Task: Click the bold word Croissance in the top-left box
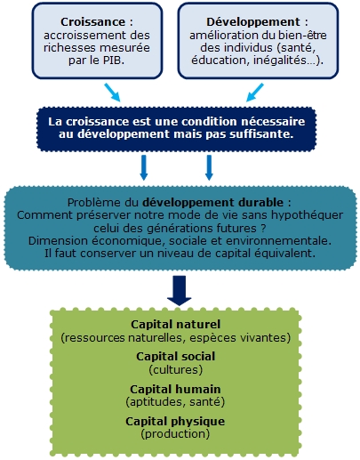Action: tap(92, 22)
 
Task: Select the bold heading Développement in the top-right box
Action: tap(253, 22)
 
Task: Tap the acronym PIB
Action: tap(113, 60)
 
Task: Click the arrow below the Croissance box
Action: tap(112, 93)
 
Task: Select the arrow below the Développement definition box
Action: tap(255, 93)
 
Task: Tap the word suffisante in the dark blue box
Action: tap(262, 134)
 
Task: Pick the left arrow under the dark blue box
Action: tap(144, 167)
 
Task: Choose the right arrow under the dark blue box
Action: tap(209, 167)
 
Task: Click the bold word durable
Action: tap(260, 203)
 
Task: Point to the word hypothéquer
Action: tap(308, 215)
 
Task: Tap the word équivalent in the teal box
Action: tap(285, 254)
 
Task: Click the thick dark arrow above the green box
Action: tap(180, 291)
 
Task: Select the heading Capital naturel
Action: tap(176, 325)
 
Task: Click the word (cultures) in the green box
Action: tap(176, 370)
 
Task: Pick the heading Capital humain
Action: tap(175, 389)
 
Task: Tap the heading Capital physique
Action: tap(175, 422)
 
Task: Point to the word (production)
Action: tap(175, 434)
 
